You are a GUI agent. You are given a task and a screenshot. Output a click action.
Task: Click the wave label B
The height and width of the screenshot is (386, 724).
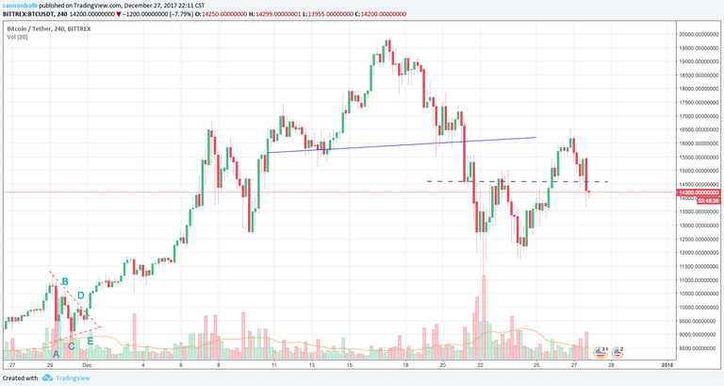pos(65,281)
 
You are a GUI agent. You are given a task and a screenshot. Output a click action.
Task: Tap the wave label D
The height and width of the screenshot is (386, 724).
pos(81,296)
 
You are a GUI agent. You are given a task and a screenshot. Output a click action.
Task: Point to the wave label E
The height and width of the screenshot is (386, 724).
pos(90,341)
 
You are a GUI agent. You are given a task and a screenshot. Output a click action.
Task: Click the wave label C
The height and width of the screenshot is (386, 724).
pos(72,346)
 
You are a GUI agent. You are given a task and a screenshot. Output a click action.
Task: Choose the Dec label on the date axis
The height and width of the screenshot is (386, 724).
pos(86,363)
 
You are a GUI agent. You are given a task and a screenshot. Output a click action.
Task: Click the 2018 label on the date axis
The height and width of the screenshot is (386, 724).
pos(666,363)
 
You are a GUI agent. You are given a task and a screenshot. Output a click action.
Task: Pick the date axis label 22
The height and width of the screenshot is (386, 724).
pos(481,363)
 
